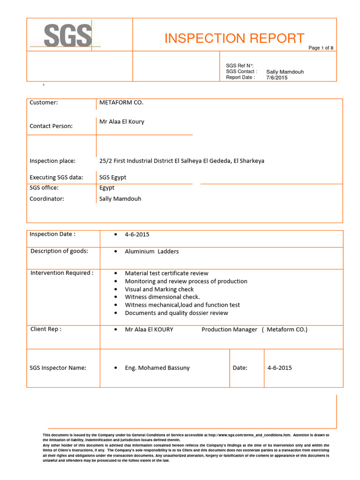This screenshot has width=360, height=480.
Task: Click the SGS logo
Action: (x=67, y=36)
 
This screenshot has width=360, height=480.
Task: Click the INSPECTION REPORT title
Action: (x=234, y=38)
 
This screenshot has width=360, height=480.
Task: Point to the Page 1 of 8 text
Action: (x=321, y=48)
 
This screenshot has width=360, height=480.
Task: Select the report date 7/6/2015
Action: (x=277, y=78)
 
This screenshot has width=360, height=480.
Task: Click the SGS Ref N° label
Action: (x=240, y=66)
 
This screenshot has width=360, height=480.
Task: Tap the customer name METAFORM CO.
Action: (x=121, y=102)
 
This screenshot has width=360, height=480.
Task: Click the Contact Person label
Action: (x=51, y=126)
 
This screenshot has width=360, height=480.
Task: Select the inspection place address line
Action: (x=182, y=161)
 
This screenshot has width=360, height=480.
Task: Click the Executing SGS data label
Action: (x=56, y=177)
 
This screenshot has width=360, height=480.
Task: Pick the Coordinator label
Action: (x=47, y=199)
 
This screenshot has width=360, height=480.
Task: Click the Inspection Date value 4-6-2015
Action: (x=137, y=234)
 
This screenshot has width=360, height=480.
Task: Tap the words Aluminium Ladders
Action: (x=151, y=251)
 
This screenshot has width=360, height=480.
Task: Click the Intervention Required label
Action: (x=62, y=273)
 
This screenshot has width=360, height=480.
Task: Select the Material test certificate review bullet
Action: (x=166, y=273)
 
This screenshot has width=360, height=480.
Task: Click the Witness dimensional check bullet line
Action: (x=162, y=297)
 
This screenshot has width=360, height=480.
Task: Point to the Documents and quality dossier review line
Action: (x=176, y=313)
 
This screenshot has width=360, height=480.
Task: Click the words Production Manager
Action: (x=229, y=330)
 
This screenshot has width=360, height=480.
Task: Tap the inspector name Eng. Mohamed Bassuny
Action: (x=157, y=368)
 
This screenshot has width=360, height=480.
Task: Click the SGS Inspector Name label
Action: (x=58, y=368)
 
